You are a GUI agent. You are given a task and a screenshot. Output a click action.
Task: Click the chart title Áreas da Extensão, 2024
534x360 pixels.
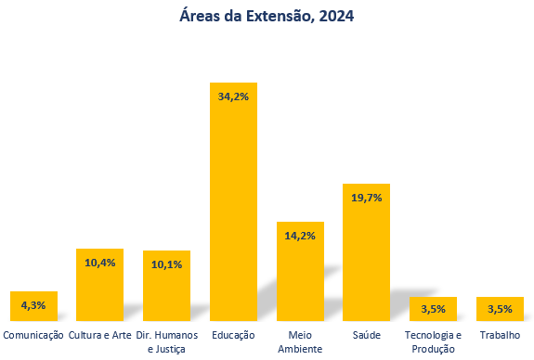267,16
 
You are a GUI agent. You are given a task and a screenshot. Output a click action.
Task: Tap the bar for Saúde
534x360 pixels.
366,260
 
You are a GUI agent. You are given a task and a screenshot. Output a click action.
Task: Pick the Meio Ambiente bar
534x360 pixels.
300,278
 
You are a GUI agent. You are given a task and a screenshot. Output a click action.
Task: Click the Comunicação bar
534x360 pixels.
33,312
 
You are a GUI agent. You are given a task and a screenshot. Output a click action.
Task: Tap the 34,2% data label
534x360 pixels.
233,96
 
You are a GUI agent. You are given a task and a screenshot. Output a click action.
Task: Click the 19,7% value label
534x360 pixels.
366,197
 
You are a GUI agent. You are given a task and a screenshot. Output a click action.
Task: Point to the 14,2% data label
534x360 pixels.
300,236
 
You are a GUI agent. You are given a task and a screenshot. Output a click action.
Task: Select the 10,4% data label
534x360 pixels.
99,263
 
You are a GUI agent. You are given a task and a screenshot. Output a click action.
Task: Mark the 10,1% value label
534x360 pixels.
166,264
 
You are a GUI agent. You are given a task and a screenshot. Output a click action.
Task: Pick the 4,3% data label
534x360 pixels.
33,305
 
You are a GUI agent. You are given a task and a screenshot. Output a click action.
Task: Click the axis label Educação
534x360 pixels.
233,335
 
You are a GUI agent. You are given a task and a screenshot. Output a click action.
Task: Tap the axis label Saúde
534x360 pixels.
366,335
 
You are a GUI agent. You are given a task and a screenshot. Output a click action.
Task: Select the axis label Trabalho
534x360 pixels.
500,335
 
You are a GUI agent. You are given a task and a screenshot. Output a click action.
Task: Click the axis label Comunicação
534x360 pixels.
33,335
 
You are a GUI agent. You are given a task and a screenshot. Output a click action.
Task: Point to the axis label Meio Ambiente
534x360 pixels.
300,341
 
